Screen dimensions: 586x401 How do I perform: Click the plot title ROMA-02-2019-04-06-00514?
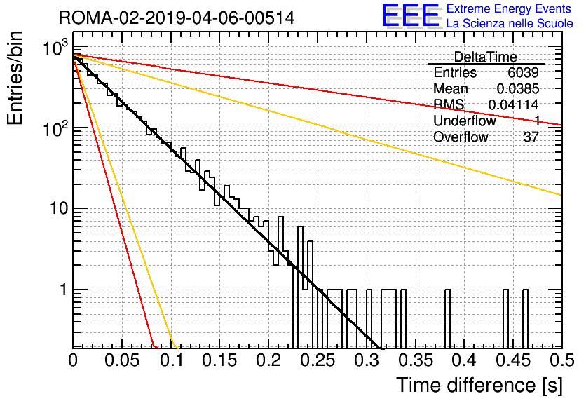[177, 18]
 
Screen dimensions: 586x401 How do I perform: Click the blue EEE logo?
[410, 15]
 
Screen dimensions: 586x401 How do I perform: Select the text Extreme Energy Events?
[509, 8]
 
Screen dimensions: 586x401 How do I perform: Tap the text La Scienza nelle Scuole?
[510, 23]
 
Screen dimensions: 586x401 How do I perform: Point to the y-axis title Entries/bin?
[15, 78]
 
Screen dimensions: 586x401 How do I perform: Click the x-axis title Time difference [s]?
[479, 386]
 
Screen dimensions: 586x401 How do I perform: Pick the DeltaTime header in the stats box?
[486, 57]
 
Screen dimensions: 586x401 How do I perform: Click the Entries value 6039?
[523, 72]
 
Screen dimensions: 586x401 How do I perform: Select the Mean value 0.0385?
[518, 88]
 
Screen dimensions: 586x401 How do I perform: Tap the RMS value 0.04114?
[514, 104]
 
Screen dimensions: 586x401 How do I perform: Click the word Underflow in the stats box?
[465, 121]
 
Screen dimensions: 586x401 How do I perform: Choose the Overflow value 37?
[531, 137]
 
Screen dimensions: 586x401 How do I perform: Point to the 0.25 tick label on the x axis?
[318, 360]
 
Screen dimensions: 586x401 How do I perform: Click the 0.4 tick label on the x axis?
[464, 360]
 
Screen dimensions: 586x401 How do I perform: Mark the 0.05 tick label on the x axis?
[122, 360]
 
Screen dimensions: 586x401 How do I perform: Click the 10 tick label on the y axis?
[60, 208]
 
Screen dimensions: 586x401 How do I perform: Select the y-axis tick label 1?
[64, 290]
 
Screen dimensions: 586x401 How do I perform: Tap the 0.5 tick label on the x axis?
[561, 360]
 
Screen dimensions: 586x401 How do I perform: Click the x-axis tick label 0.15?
[220, 360]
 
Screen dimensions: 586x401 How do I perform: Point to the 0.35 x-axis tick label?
[416, 360]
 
